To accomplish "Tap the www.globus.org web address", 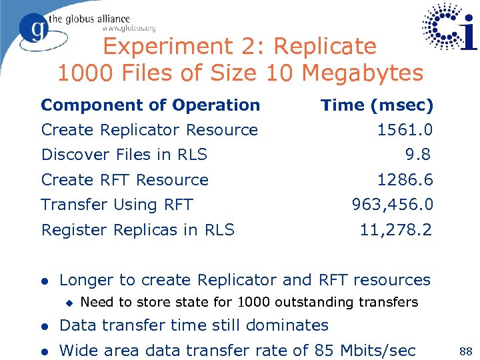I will [x=129, y=28].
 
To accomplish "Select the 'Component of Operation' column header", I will [x=151, y=105].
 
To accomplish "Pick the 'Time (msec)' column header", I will [x=377, y=105].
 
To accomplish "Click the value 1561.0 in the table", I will [x=405, y=130].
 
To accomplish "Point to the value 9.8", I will [x=419, y=155].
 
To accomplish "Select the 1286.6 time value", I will [x=405, y=180].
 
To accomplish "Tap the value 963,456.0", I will [x=393, y=205].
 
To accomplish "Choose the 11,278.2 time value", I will [x=396, y=230].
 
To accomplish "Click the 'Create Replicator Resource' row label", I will [x=149, y=130].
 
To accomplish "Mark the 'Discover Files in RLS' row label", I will [x=124, y=155].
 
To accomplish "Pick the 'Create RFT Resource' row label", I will [x=125, y=180].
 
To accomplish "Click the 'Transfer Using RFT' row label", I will [x=117, y=205].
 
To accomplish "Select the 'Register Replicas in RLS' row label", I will [x=138, y=230].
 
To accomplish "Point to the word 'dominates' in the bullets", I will [x=288, y=325].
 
